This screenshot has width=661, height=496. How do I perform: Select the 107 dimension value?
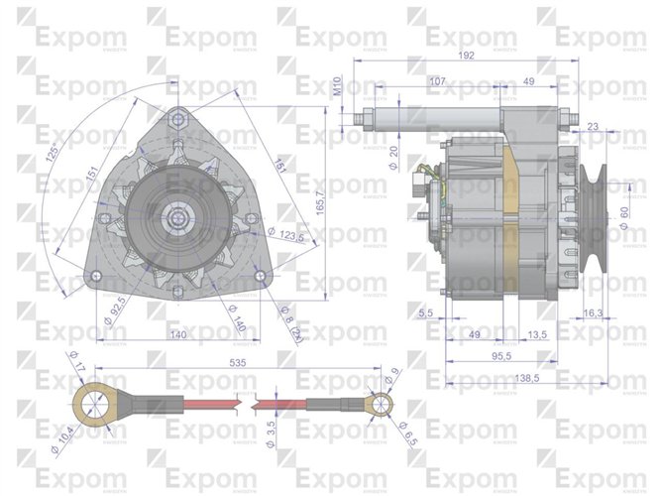click(x=437, y=80)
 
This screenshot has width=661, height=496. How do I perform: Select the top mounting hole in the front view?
click(x=178, y=118)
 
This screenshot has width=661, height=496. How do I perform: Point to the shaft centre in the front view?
click(x=178, y=216)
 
